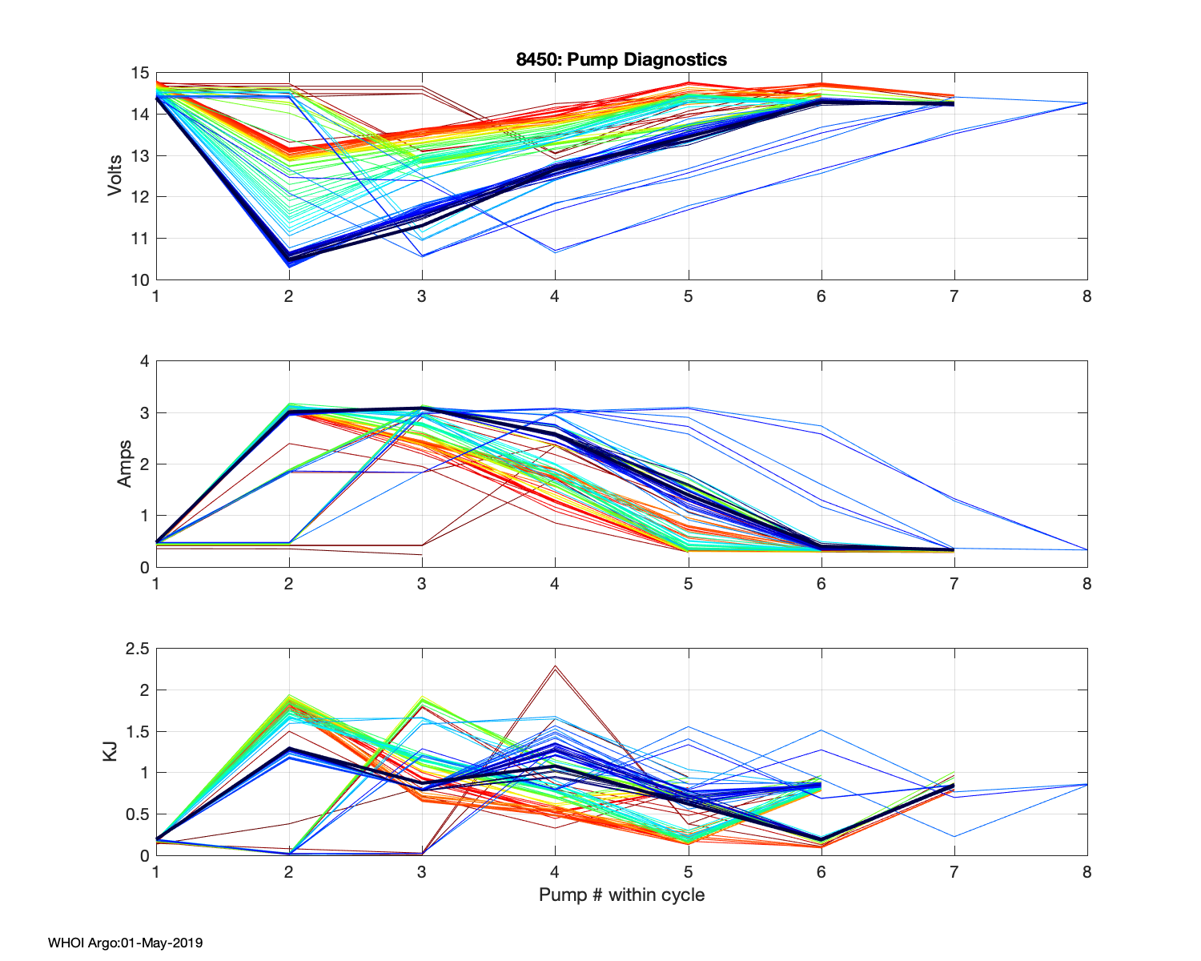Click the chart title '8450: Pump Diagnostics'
click(x=621, y=59)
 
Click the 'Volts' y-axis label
click(x=114, y=176)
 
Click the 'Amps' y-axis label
click(x=124, y=464)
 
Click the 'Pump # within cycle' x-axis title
click(x=621, y=895)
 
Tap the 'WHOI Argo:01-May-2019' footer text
click(x=125, y=943)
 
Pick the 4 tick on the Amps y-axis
click(x=144, y=361)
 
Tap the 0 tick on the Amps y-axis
click(x=144, y=567)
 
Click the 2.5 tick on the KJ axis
click(x=137, y=649)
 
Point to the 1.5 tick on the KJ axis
click(x=137, y=731)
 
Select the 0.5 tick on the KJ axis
click(x=137, y=814)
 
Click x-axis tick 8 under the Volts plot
click(x=1087, y=296)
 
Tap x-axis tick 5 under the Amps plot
click(x=688, y=584)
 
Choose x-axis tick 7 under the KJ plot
click(x=954, y=872)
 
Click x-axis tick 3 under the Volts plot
click(x=422, y=296)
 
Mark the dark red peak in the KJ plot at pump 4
click(x=554, y=666)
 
